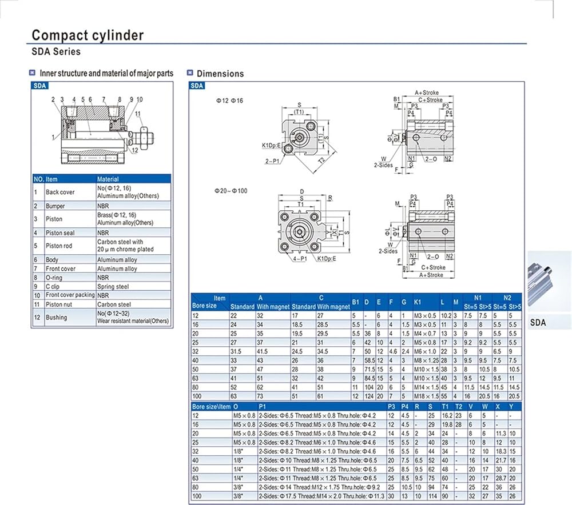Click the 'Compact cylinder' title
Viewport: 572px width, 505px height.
point(88,35)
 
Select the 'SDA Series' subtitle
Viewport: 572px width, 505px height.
point(56,52)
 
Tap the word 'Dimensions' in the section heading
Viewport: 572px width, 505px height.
point(220,74)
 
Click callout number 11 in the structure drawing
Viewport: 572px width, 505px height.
point(137,114)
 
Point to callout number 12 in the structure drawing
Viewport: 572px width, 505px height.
point(134,150)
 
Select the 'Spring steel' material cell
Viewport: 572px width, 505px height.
point(113,286)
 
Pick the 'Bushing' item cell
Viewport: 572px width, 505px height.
point(56,317)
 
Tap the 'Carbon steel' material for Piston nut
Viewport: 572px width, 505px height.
point(114,304)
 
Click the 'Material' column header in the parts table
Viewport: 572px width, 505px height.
point(108,179)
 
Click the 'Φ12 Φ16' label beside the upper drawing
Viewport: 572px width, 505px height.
point(229,101)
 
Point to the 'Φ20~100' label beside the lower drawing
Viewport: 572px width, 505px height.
point(232,190)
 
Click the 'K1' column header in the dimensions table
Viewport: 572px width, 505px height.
point(417,302)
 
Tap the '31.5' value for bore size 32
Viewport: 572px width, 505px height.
point(237,351)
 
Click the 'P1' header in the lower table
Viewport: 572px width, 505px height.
point(263,407)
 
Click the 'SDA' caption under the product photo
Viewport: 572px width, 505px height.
point(538,323)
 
